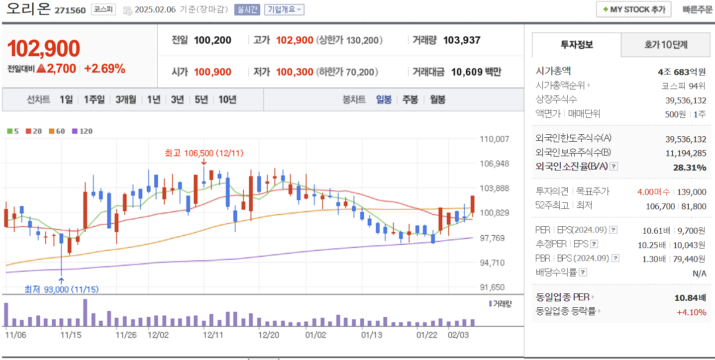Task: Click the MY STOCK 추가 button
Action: (633, 9)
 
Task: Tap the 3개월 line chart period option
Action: (126, 99)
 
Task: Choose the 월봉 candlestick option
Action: (437, 99)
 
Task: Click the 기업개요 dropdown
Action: (284, 9)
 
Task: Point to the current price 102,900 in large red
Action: (44, 48)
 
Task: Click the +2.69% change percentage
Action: (104, 69)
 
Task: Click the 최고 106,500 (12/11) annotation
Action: (204, 153)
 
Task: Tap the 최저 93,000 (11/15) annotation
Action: (61, 289)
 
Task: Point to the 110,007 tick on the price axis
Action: (494, 139)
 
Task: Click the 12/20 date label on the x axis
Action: (269, 335)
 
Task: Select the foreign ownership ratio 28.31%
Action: (689, 167)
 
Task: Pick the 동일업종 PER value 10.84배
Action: (690, 297)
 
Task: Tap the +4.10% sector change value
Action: (691, 312)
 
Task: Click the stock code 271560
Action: (70, 10)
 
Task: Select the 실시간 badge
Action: (247, 9)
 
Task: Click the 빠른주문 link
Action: (698, 9)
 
